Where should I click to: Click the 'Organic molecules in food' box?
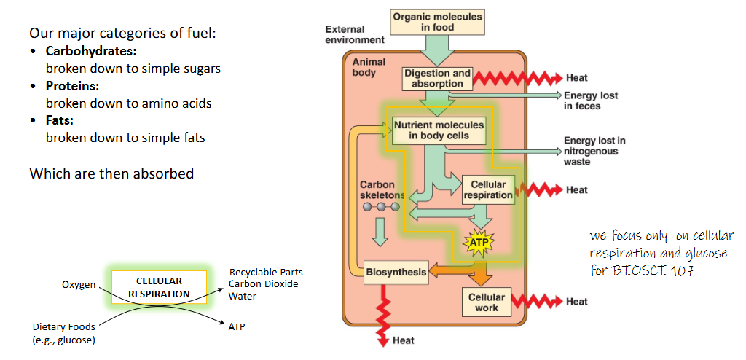437,22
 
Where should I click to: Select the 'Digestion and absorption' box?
437,79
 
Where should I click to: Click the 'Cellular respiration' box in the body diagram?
487,189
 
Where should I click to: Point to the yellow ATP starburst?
479,243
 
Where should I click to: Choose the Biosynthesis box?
396,272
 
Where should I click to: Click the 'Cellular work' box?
486,302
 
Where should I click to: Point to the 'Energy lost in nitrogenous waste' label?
594,151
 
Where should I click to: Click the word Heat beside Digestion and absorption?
576,78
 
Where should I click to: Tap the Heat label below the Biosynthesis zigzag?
403,340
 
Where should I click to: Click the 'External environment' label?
354,35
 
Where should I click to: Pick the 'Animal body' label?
369,67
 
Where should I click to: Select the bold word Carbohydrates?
91,51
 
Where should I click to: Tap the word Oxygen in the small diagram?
79,284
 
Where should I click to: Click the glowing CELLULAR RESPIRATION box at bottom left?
159,287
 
